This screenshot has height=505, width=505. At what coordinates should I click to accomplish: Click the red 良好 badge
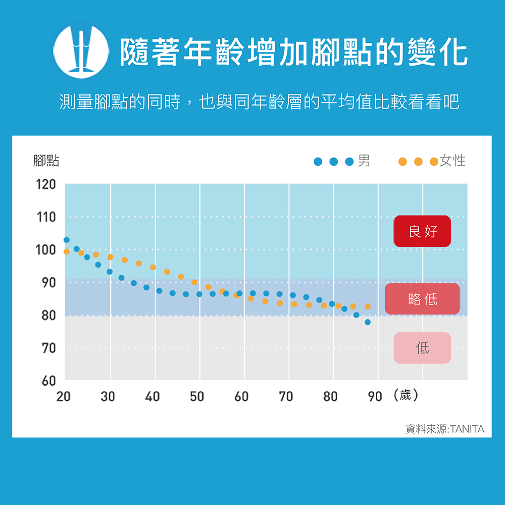pos(422,231)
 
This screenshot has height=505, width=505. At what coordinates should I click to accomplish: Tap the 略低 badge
pos(422,299)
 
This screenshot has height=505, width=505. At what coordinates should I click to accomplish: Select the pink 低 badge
pos(422,347)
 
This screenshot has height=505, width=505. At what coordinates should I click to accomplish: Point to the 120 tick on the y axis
pos(45,184)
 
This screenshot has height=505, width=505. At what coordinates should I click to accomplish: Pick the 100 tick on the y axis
pos(45,250)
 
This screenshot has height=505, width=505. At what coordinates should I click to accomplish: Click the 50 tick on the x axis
pos(197,397)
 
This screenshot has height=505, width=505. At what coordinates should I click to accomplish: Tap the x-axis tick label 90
pos(375,397)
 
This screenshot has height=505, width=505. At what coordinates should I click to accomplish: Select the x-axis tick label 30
pos(108,397)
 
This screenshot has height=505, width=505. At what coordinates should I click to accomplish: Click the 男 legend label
pos(364,161)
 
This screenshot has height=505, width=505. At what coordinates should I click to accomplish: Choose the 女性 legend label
pos(452,161)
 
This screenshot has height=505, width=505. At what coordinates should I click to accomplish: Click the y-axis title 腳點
pos(45,161)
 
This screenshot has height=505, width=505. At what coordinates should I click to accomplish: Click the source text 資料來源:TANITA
pos(444,429)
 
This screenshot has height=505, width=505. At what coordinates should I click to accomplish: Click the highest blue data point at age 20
pos(67,240)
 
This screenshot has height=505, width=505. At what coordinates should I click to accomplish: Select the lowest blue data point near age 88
pos(368,322)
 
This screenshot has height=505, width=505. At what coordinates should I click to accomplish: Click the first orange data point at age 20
pos(67,251)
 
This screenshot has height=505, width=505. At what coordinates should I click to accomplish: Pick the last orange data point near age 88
pos(368,307)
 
